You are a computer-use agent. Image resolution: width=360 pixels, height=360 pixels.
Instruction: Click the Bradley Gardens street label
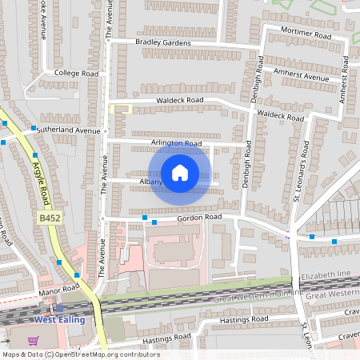click(x=163, y=42)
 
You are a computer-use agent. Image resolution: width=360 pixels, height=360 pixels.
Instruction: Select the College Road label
click(x=76, y=73)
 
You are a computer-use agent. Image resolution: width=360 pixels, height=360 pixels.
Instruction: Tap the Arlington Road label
click(x=175, y=144)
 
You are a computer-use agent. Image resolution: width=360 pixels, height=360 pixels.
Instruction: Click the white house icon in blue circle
click(x=180, y=173)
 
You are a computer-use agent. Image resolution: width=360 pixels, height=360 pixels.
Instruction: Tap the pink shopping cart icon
click(x=33, y=340)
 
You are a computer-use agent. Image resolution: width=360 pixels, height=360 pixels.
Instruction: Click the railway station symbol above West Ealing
click(x=58, y=307)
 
